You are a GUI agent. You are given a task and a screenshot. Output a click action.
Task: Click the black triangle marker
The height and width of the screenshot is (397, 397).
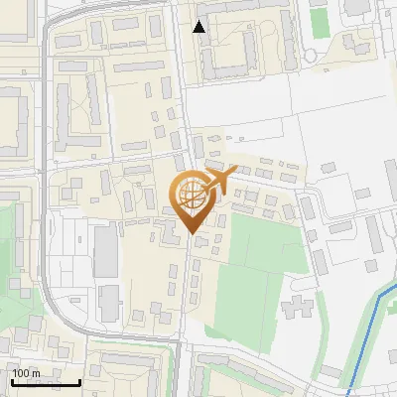(199, 27)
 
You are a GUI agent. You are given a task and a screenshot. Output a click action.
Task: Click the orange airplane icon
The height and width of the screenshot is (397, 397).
(219, 180)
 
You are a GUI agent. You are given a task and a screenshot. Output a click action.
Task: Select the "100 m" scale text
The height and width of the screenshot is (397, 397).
(26, 373)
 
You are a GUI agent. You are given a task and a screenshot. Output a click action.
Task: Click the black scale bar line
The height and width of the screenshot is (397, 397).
(46, 382)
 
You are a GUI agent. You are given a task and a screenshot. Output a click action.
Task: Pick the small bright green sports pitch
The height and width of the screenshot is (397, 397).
(319, 23)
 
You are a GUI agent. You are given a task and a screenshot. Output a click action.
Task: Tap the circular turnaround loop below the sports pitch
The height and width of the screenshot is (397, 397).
(354, 43)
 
